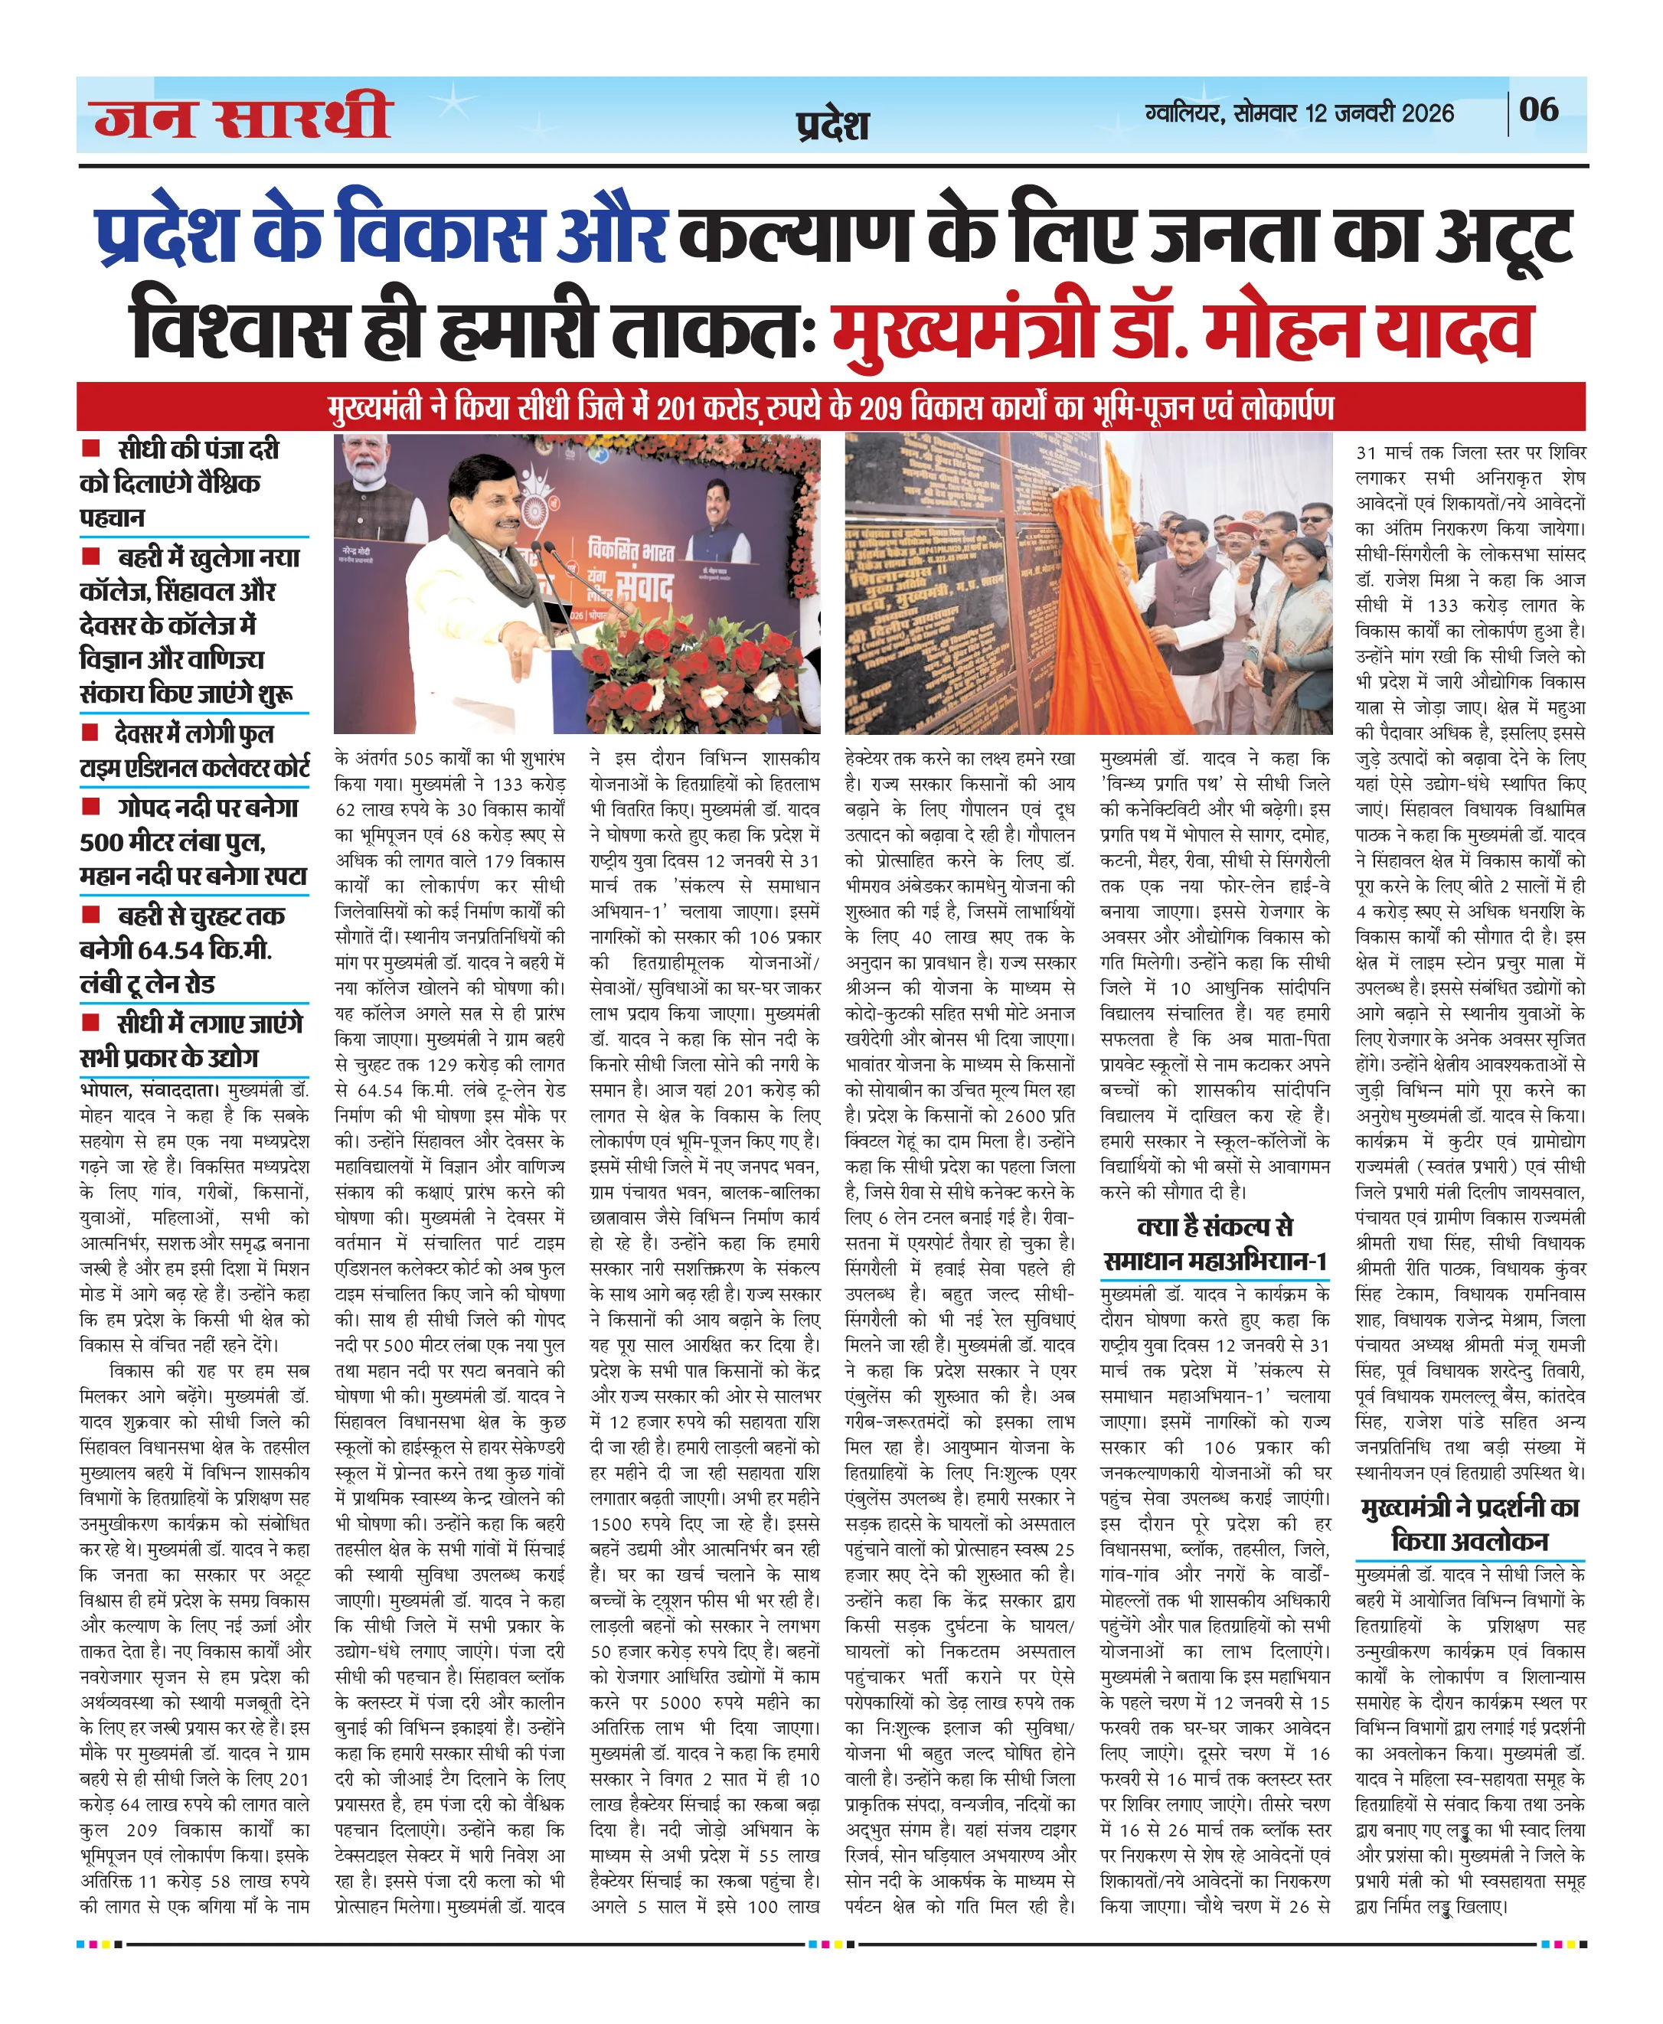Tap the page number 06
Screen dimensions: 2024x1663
(x=1538, y=109)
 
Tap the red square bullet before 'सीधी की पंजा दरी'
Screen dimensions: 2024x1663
(x=91, y=447)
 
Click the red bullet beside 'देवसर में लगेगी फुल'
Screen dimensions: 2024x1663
(x=91, y=732)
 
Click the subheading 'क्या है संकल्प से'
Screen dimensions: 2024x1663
(x=1214, y=1226)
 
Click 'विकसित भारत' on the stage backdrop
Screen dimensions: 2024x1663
(x=632, y=550)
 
